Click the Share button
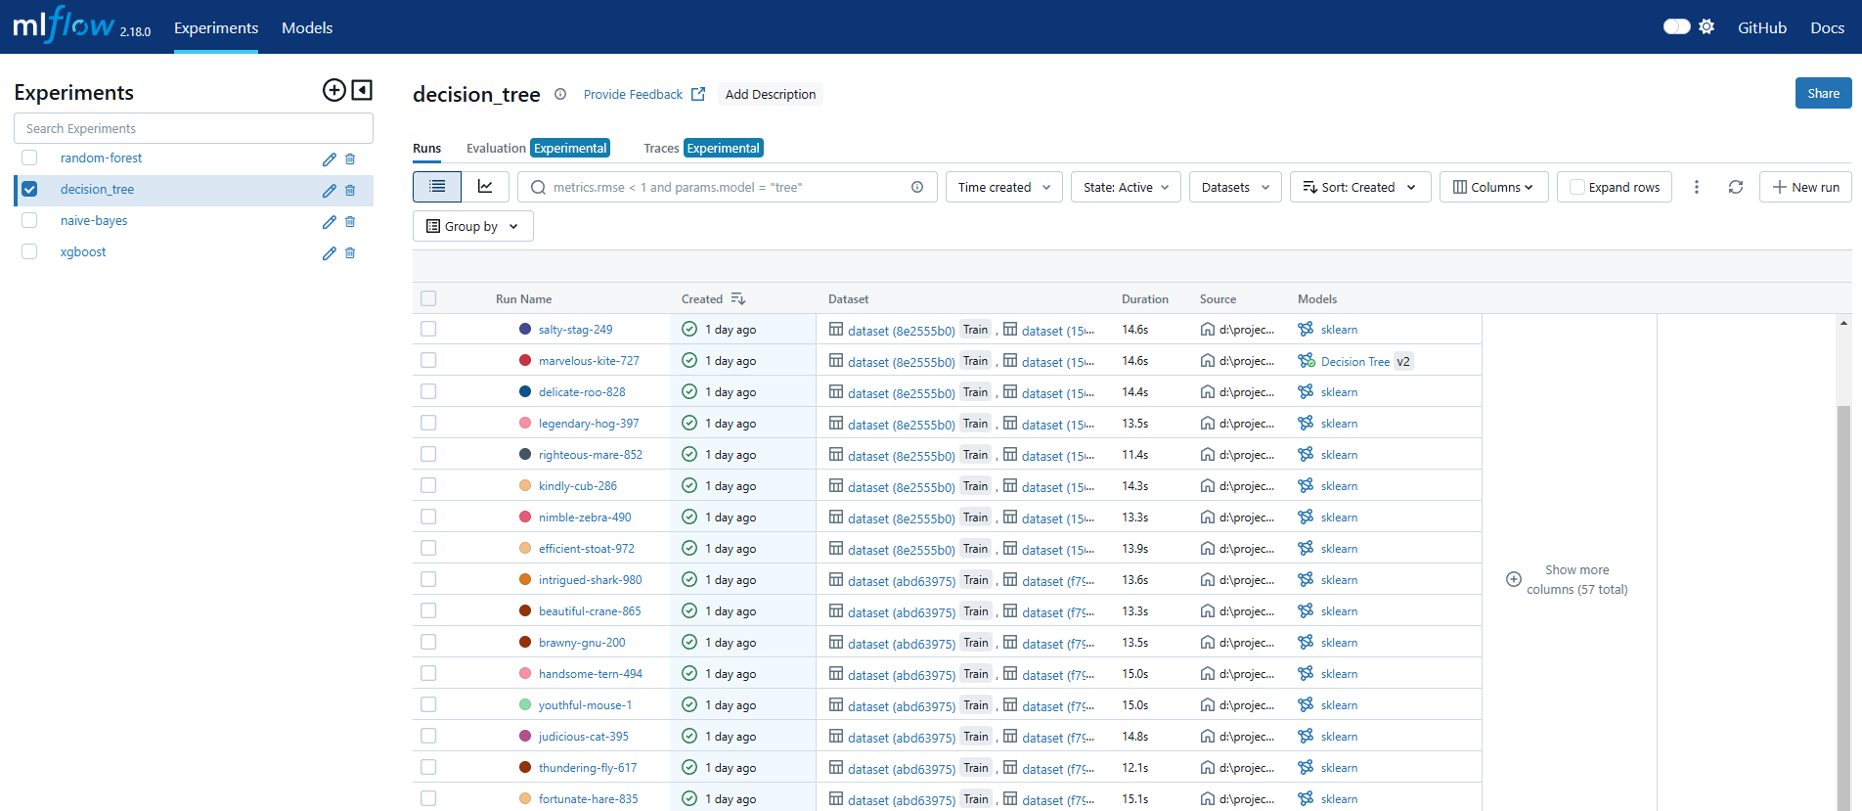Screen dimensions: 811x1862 pos(1823,93)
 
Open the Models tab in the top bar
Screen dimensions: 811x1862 pos(307,27)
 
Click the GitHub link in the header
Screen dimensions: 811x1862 pos(1761,27)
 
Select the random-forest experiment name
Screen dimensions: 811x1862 pos(101,158)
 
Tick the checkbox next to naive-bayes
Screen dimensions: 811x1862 pos(29,221)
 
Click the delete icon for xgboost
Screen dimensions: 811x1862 pos(350,252)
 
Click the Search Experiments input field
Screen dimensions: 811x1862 pos(194,128)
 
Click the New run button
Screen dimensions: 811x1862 pos(1804,187)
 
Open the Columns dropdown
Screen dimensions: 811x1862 pos(1493,187)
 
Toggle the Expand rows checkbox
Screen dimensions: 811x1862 pos(1577,187)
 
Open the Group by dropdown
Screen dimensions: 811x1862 pos(472,226)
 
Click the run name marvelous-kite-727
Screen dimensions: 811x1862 pos(589,361)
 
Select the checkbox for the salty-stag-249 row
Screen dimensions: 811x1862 pos(428,330)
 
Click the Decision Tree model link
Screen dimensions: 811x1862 pos(1354,361)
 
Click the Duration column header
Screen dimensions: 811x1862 pos(1144,299)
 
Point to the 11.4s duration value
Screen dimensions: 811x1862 pos(1134,455)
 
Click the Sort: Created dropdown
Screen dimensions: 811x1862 pos(1359,187)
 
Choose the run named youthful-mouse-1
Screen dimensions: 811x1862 pos(585,705)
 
